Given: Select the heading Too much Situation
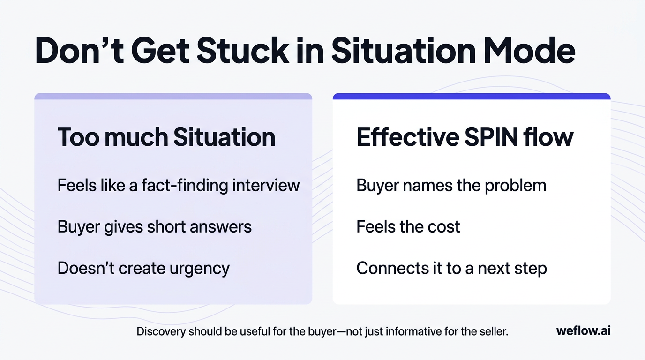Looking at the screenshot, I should (166, 137).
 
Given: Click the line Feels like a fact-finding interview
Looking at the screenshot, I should (179, 185).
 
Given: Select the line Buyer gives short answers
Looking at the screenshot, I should (155, 227).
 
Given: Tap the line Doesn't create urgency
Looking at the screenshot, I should (143, 269).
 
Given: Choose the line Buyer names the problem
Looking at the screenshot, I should (451, 185).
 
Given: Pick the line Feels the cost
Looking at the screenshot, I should (408, 227).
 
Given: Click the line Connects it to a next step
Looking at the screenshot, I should (451, 269).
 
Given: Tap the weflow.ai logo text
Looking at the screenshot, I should (583, 331).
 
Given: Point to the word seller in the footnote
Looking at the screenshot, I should (494, 331).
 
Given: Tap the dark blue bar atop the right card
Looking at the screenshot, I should (472, 97).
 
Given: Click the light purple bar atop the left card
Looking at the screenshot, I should (173, 97).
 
